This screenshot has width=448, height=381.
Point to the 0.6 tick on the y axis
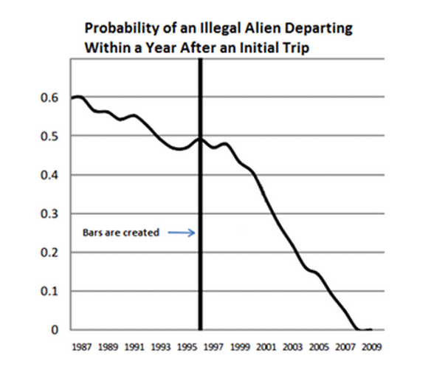tap(55, 97)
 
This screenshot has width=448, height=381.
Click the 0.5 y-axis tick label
tap(55, 137)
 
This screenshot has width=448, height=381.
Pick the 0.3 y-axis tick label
tap(55, 214)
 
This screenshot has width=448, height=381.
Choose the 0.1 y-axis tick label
tap(55, 292)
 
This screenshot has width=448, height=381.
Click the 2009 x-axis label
tap(373, 346)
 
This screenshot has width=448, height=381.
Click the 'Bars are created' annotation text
tap(120, 233)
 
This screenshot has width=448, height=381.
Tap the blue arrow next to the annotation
tap(180, 233)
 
